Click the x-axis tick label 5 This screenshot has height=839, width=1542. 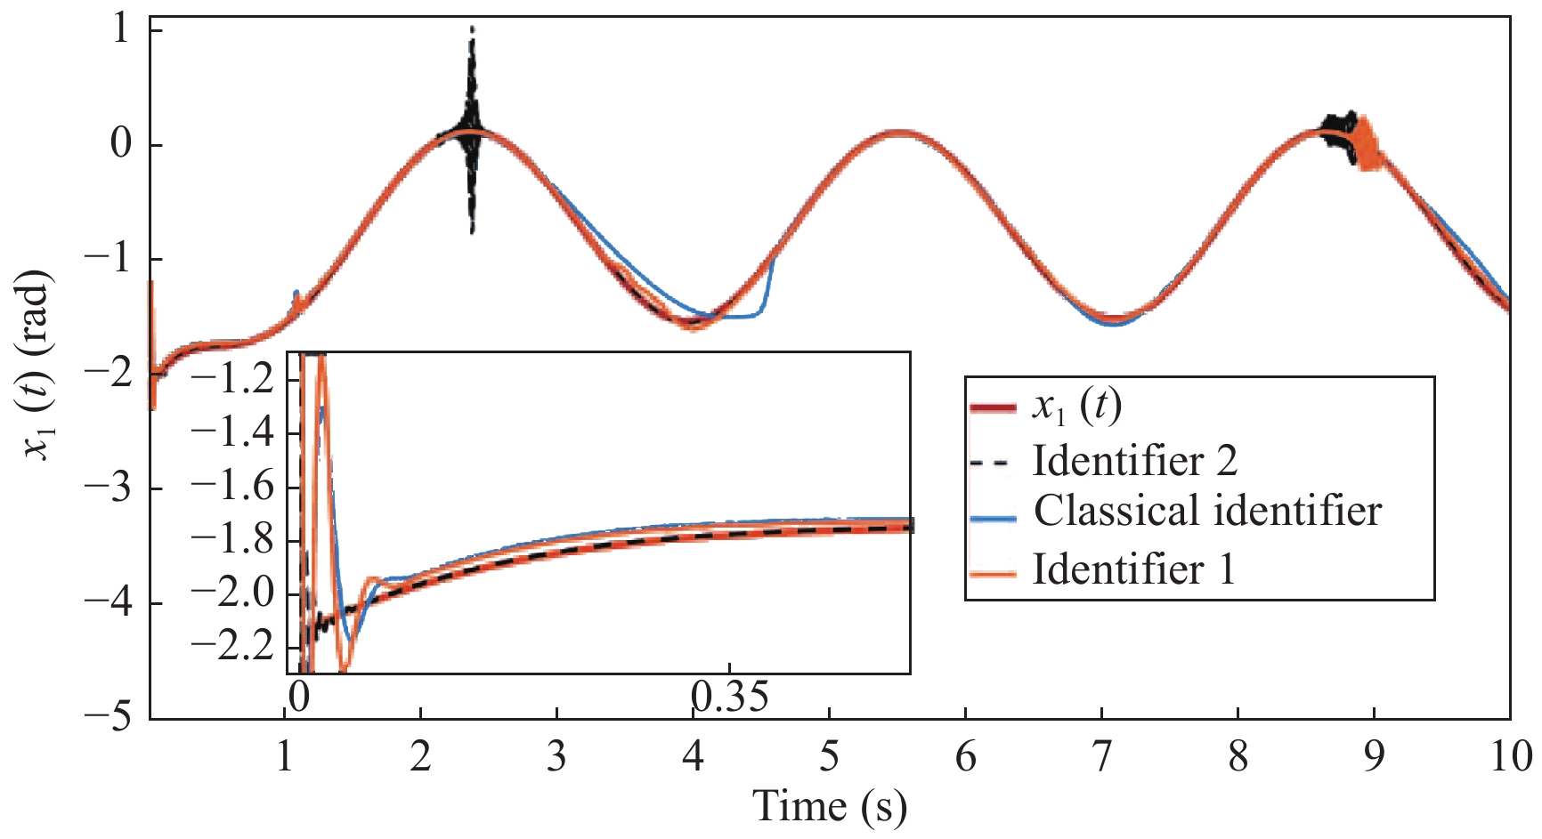tap(829, 757)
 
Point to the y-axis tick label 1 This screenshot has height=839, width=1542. tap(120, 30)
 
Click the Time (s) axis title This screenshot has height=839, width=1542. tap(830, 806)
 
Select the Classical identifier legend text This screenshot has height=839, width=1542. tap(1206, 512)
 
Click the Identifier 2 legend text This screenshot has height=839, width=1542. tap(1134, 461)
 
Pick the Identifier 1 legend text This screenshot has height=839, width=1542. tap(1133, 569)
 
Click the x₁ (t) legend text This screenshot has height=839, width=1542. tap(1076, 407)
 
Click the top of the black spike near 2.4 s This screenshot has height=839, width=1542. tap(472, 29)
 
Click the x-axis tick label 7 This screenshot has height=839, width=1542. tap(1101, 757)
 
